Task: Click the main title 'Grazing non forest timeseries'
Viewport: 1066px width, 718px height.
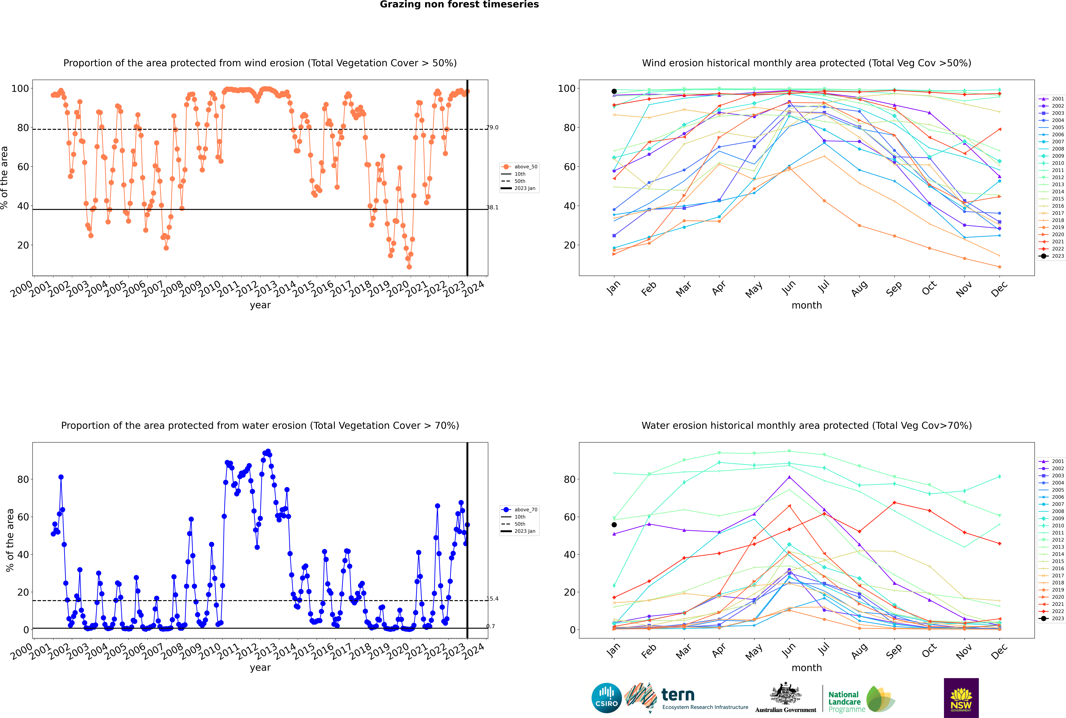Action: pos(459,5)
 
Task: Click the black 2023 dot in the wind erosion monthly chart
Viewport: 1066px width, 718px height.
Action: pos(614,91)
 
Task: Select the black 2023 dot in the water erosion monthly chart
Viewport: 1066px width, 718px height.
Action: pos(614,525)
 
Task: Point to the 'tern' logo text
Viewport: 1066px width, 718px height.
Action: pos(678,695)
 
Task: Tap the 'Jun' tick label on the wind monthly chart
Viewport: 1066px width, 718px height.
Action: pos(789,288)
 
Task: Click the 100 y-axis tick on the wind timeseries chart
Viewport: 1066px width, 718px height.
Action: pos(20,88)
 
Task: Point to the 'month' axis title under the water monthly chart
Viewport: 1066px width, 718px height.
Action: pos(807,668)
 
